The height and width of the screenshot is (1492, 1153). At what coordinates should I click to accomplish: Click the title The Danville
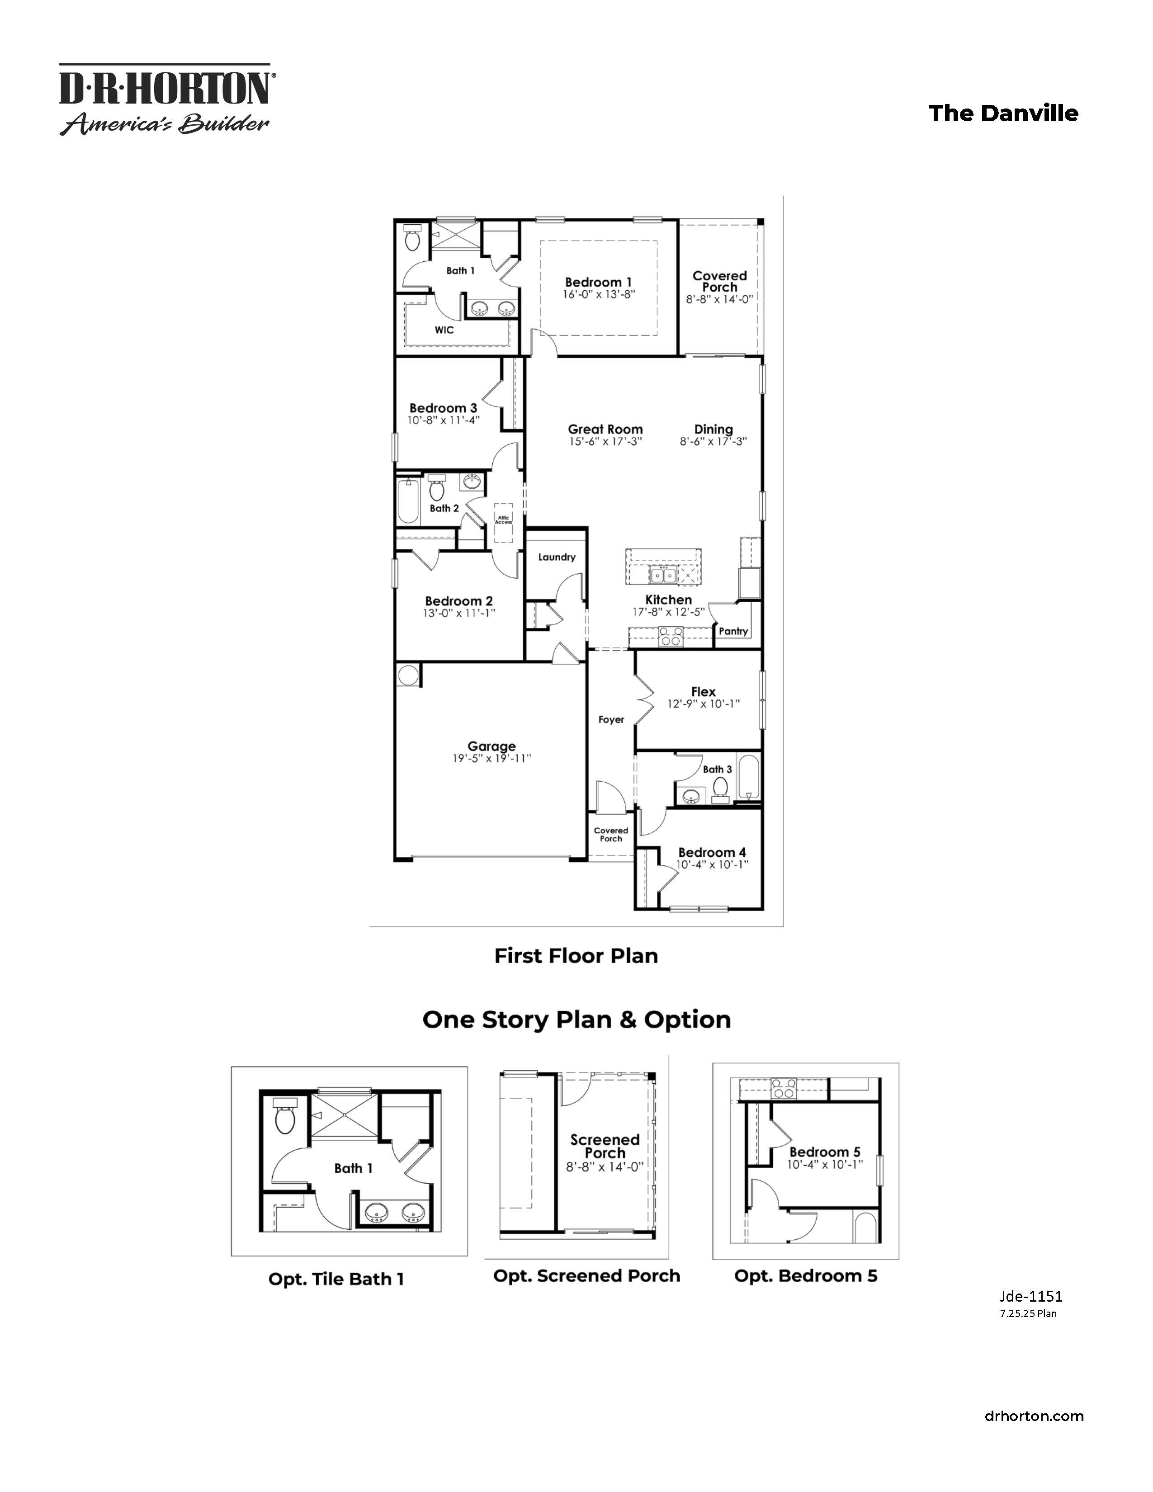pos(1003,113)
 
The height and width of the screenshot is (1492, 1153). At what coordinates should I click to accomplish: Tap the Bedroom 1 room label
pos(598,282)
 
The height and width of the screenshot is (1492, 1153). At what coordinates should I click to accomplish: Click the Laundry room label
pos(557,557)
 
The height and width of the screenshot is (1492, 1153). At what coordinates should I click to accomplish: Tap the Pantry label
pos(733,631)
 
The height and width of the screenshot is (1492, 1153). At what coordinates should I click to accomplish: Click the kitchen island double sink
pos(662,576)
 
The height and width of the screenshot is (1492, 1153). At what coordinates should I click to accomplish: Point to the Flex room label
pos(703,691)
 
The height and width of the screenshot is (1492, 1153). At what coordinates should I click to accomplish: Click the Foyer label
pos(611,719)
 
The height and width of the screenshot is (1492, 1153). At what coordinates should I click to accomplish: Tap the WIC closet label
pos(444,330)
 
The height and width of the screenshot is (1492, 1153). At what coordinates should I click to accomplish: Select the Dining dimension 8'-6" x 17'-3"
pos(713,441)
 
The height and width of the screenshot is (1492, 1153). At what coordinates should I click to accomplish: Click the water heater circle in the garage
pos(408,675)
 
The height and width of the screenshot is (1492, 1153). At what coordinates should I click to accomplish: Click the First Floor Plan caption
pos(576,956)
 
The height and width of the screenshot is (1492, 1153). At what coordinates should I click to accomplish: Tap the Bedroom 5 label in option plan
pos(824,1152)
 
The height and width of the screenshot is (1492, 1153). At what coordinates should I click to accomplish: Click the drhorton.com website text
pos(1034,1416)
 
